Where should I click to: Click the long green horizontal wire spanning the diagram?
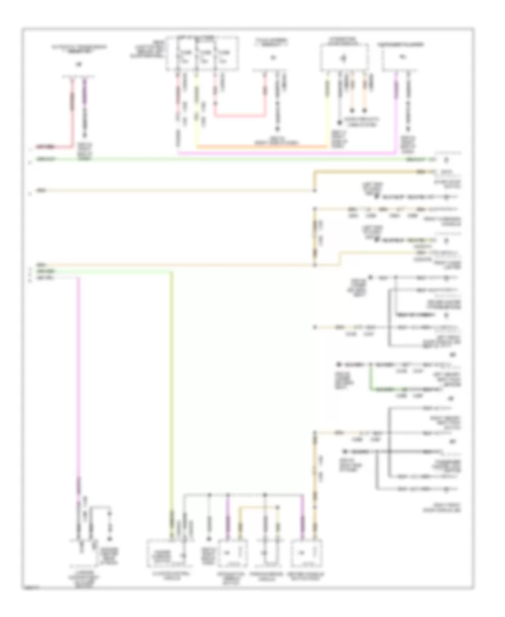tap(224, 159)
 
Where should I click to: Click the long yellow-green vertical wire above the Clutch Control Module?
tap(172, 393)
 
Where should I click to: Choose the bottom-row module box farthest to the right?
tap(306, 552)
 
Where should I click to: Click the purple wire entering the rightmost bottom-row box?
tap(304, 524)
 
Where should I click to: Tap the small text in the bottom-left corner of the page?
tap(28, 589)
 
